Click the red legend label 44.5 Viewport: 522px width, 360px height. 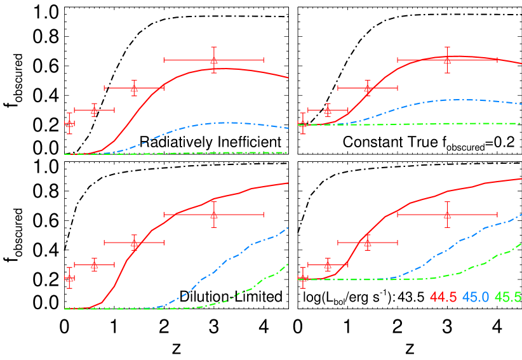click(443, 297)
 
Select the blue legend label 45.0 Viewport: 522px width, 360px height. click(476, 297)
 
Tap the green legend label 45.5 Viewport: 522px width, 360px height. click(508, 297)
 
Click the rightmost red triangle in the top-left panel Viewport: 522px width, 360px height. click(214, 60)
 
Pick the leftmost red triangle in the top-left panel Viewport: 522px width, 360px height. click(69, 123)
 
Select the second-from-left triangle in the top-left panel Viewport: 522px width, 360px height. click(94, 110)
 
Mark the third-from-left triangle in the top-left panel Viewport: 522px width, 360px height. click(134, 88)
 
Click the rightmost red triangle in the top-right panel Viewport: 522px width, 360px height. click(448, 60)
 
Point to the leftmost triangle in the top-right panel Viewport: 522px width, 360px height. click(303, 123)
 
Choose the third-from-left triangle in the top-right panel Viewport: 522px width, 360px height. click(368, 88)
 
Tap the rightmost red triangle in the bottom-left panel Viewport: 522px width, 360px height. click(214, 215)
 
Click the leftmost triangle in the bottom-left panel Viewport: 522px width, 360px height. click(69, 278)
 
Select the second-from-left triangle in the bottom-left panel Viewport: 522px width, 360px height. click(94, 264)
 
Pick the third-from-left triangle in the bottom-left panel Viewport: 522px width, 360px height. click(134, 243)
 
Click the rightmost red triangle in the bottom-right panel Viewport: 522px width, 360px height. click(448, 215)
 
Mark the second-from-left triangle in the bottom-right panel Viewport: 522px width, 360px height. click(328, 264)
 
